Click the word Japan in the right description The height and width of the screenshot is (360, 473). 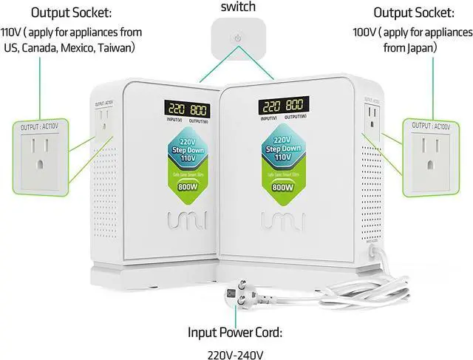pyautogui.click(x=421, y=48)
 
